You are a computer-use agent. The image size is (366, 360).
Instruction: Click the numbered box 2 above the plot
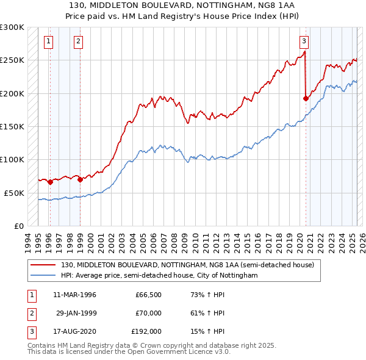click(79, 41)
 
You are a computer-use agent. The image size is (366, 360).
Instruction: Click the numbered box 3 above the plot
click(304, 41)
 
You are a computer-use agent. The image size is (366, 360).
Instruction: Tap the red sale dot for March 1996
click(50, 182)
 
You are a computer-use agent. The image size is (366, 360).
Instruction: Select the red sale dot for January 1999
click(80, 179)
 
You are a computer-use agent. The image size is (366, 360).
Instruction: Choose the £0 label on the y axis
click(18, 226)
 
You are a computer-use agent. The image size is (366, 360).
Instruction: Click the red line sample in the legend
click(44, 265)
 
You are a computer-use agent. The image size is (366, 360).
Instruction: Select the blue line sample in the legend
click(44, 275)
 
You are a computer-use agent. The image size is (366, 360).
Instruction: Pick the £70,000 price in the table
click(148, 313)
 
